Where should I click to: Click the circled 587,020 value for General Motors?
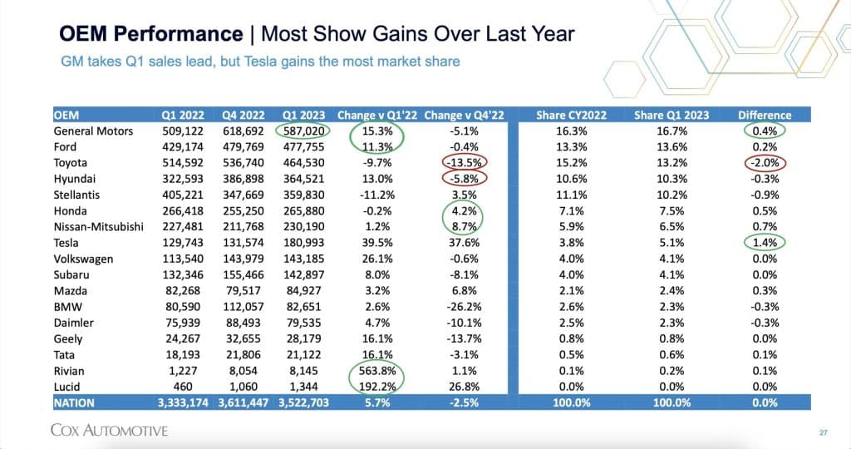pyautogui.click(x=303, y=131)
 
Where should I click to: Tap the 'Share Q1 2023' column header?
pyautogui.click(x=671, y=115)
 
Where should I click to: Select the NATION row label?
pyautogui.click(x=75, y=402)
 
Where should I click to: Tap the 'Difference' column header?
pyautogui.click(x=764, y=115)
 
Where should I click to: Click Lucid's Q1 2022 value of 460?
pyautogui.click(x=184, y=386)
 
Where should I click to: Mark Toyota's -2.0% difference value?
pyautogui.click(x=763, y=162)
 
